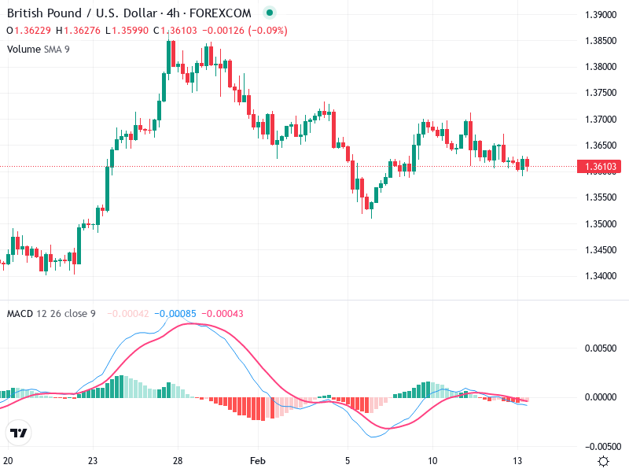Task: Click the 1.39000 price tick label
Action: (x=601, y=15)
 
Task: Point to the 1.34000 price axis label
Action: (x=601, y=276)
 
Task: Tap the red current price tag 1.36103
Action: (x=601, y=167)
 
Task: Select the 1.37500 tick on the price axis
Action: (x=601, y=93)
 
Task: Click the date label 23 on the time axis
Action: (x=93, y=461)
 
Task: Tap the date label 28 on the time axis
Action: (x=178, y=461)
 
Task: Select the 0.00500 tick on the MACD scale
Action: (x=602, y=348)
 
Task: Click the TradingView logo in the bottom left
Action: (x=19, y=433)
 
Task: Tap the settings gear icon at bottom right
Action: (x=603, y=461)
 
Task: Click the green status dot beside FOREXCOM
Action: (x=270, y=13)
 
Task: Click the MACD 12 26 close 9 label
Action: (x=51, y=314)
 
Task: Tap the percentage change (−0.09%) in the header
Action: (x=267, y=31)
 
